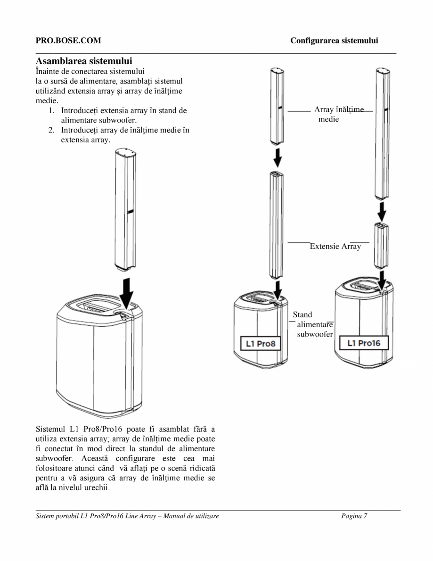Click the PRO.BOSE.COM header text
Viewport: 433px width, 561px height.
coord(68,41)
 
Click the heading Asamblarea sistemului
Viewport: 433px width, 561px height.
coord(84,61)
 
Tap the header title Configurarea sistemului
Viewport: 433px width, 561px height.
coord(334,41)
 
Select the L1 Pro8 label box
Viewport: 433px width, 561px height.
coord(260,344)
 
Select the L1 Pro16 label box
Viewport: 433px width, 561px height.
coord(364,343)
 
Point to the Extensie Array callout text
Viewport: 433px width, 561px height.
coord(335,246)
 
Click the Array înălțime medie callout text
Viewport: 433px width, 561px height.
coord(339,114)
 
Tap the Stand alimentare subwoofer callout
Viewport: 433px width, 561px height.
coord(313,324)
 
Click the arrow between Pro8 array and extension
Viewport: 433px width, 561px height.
coord(278,157)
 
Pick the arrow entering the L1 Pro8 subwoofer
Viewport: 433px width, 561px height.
coord(278,290)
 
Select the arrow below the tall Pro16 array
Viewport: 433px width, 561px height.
coord(382,212)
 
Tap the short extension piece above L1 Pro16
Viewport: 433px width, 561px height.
coord(381,246)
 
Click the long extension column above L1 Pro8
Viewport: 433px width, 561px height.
coord(276,225)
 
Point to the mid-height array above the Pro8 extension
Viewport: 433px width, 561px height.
coord(277,106)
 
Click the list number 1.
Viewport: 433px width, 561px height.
coord(51,111)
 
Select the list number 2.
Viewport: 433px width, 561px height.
coord(51,130)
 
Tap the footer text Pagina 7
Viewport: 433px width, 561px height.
coord(354,516)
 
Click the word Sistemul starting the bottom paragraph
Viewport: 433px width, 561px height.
coord(50,429)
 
